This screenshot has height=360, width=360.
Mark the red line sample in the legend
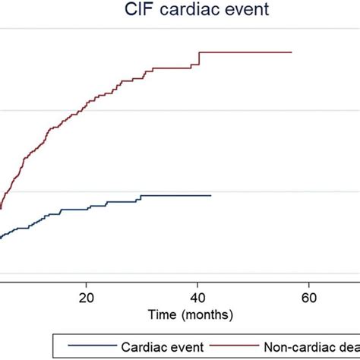239,346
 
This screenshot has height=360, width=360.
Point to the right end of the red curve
292,52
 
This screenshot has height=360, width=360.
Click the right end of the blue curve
210,195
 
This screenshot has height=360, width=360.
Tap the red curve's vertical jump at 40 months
199,59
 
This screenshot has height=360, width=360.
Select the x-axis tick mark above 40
198,285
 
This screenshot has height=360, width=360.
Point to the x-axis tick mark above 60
308,285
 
